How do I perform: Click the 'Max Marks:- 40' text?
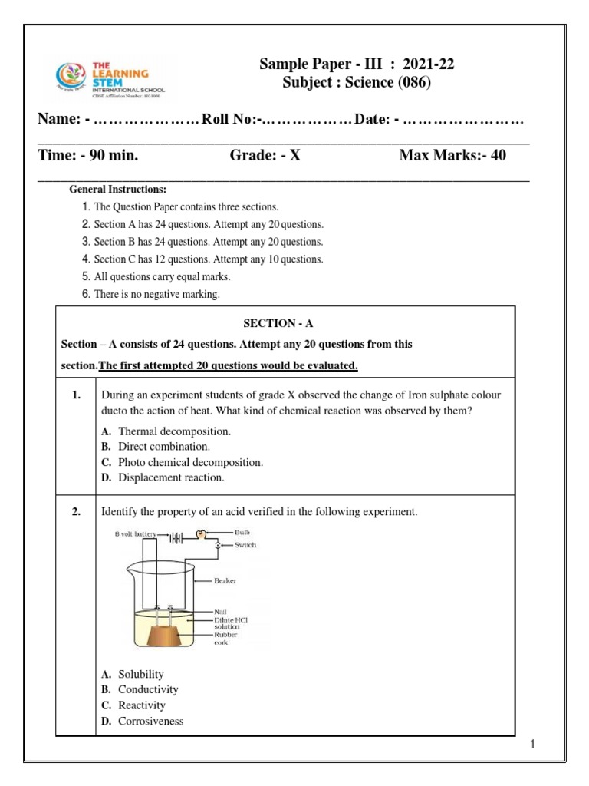[x=452, y=157]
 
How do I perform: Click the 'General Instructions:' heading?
[x=117, y=190]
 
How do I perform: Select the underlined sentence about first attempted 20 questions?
[x=229, y=366]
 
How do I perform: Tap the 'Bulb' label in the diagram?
[x=240, y=532]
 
